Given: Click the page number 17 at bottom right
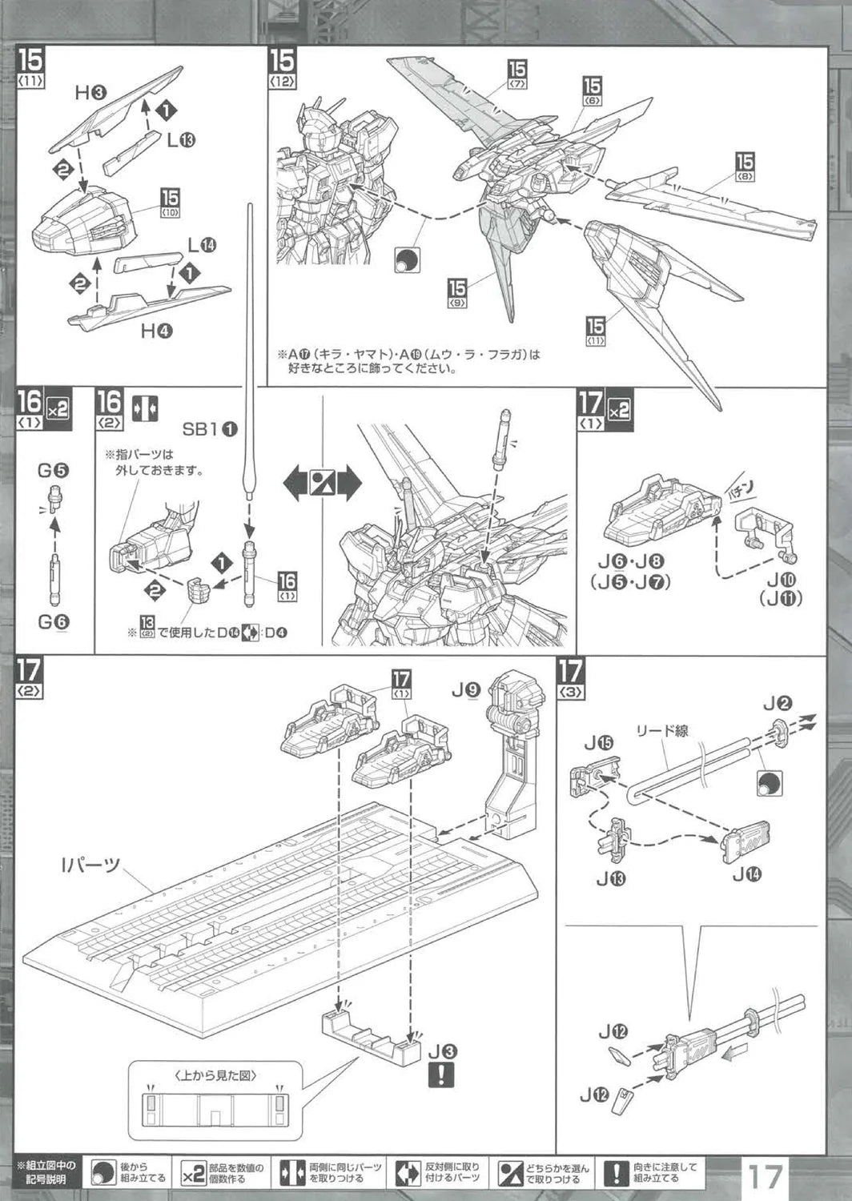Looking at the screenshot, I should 765,1177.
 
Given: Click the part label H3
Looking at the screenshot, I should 90,93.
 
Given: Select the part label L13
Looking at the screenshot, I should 182,140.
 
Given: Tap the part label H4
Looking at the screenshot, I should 157,330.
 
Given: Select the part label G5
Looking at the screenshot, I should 53,470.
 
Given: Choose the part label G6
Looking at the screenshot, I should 53,621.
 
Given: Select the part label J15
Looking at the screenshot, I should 599,742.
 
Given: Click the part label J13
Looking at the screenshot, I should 611,878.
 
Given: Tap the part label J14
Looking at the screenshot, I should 747,874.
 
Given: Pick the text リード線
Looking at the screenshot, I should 661,730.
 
